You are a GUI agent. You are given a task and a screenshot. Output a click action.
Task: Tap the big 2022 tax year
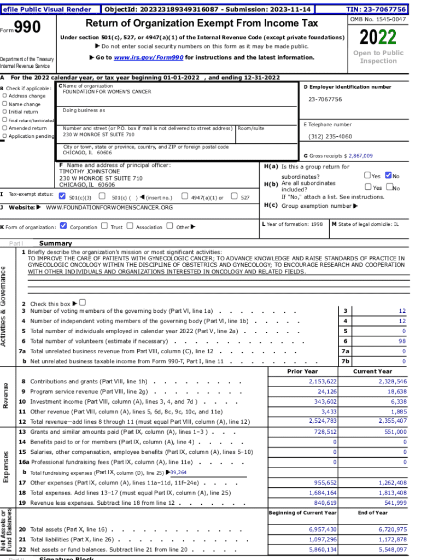click(378, 37)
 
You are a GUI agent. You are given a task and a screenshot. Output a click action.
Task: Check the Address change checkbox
click(5, 96)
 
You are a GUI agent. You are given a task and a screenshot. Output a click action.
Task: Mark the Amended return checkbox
click(5, 128)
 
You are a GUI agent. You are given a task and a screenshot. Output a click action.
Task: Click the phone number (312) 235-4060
click(330, 137)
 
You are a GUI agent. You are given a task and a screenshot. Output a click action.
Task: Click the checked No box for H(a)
click(388, 176)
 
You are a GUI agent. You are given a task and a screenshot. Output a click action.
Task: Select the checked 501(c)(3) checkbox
click(62, 196)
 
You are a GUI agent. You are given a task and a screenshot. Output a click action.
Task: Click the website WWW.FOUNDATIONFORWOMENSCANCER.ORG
click(109, 208)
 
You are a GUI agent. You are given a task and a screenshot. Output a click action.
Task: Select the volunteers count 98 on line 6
click(402, 341)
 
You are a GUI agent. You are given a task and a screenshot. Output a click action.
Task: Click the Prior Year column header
click(302, 371)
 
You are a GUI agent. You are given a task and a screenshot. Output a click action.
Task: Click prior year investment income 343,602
click(323, 401)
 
